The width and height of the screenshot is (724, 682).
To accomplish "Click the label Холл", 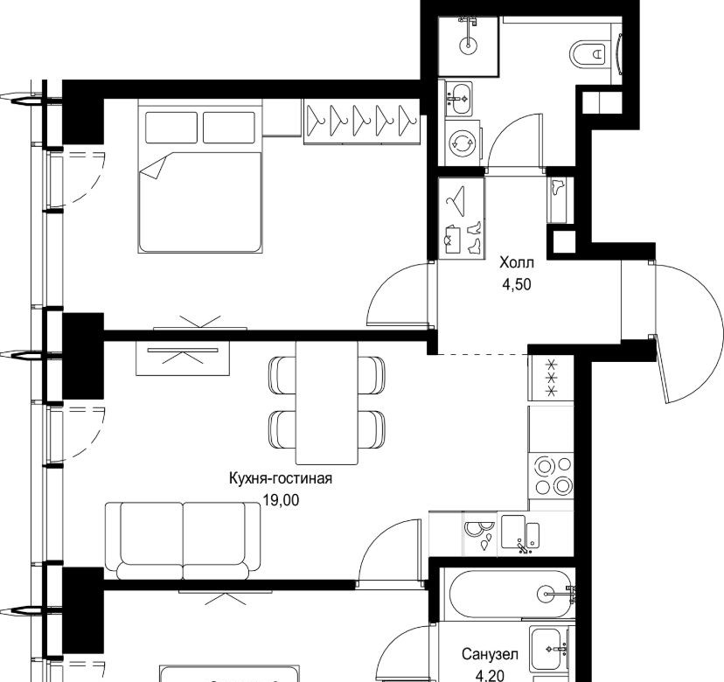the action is point(516,262).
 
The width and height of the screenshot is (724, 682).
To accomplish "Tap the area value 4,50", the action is point(517,284).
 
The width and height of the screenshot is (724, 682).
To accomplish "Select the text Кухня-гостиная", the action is point(281,478).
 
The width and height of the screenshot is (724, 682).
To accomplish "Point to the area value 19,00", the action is point(281,499).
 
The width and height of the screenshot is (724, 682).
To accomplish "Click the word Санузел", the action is point(490,654).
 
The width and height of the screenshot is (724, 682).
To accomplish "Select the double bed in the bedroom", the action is point(200,177).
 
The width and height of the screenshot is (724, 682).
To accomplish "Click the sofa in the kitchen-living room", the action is point(183,540).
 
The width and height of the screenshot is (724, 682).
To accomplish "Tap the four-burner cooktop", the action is point(552,476).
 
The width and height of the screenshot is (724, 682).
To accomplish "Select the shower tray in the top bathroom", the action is point(468,46).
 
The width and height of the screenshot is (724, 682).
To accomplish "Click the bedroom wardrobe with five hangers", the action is point(362,122).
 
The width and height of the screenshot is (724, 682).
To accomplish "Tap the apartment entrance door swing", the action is point(688,331).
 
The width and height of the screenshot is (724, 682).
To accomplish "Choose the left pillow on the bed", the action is point(171,128).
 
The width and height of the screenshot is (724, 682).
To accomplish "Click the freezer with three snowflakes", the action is point(551,379).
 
